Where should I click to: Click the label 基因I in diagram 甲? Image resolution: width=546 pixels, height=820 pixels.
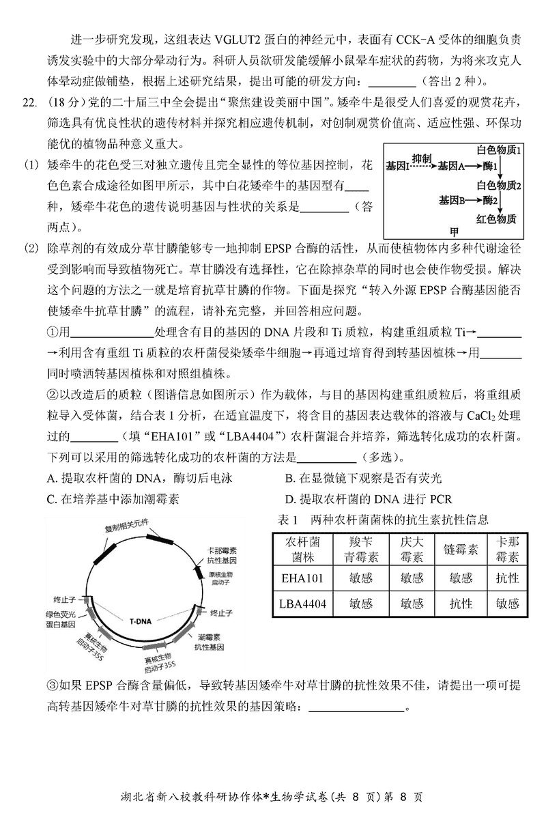click(397, 166)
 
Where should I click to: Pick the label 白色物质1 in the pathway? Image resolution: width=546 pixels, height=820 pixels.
click(499, 150)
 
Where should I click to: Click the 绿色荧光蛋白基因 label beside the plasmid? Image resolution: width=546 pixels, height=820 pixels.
click(66, 620)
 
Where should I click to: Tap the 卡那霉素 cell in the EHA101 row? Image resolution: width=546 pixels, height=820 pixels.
click(507, 578)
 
